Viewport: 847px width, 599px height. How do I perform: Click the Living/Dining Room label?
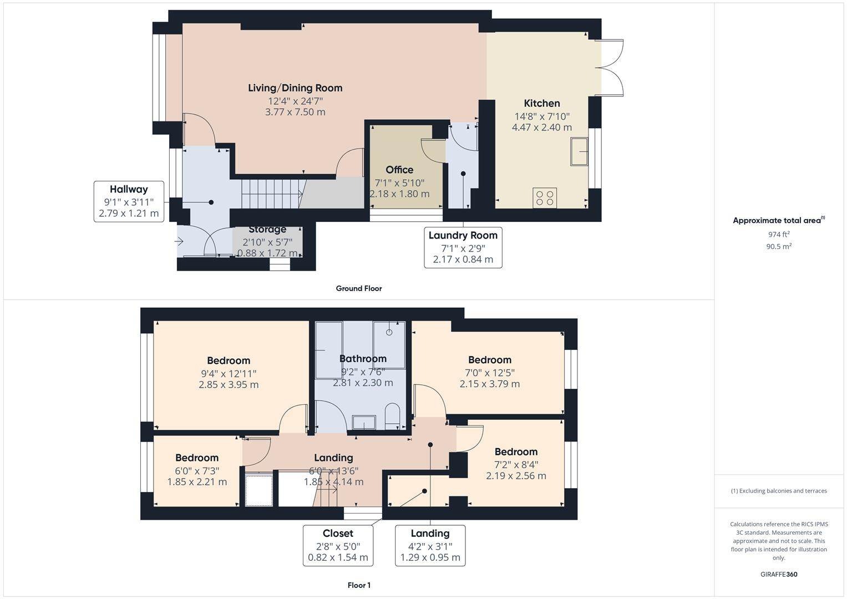click(295, 88)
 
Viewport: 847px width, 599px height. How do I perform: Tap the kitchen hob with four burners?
click(545, 198)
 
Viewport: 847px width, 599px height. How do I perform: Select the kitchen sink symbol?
click(579, 151)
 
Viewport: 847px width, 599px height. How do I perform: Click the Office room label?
click(399, 170)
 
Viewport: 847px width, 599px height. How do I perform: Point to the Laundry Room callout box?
click(463, 247)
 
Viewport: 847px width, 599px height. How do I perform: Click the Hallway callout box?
click(129, 201)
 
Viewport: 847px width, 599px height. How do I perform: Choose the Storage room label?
click(267, 230)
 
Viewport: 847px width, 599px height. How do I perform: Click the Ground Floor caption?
click(358, 288)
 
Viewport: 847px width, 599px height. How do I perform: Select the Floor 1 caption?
click(358, 585)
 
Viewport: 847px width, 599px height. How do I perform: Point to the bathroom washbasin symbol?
click(363, 423)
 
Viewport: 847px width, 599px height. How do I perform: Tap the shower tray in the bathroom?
click(389, 344)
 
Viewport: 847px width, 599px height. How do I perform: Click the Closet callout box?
click(338, 546)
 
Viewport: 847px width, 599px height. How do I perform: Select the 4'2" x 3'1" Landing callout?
click(430, 546)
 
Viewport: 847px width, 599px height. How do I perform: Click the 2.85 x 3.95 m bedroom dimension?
click(229, 384)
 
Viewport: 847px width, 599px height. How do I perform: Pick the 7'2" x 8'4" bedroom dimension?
click(516, 464)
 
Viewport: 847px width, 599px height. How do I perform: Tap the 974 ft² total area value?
click(778, 235)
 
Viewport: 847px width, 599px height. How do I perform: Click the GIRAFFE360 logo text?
click(779, 575)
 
